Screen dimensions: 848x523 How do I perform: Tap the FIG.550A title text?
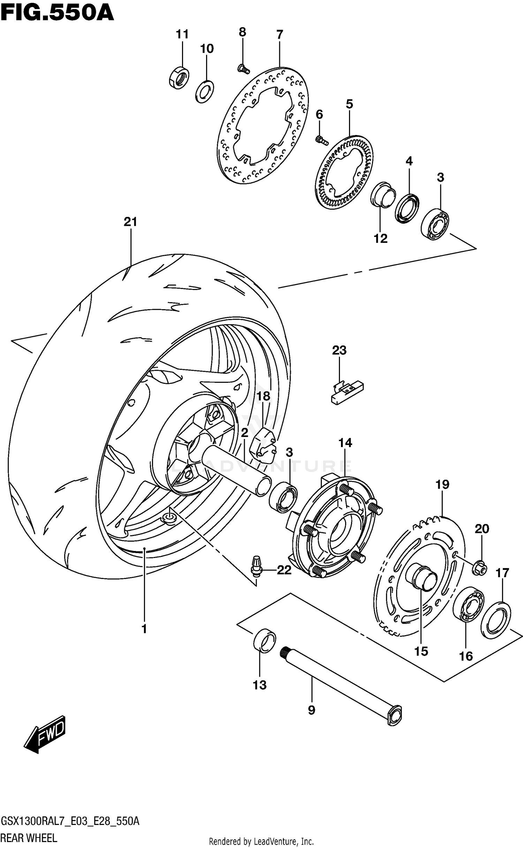pyautogui.click(x=57, y=13)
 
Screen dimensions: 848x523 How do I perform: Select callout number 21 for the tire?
pyautogui.click(x=130, y=222)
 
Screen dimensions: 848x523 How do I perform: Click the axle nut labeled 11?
pyautogui.click(x=179, y=77)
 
